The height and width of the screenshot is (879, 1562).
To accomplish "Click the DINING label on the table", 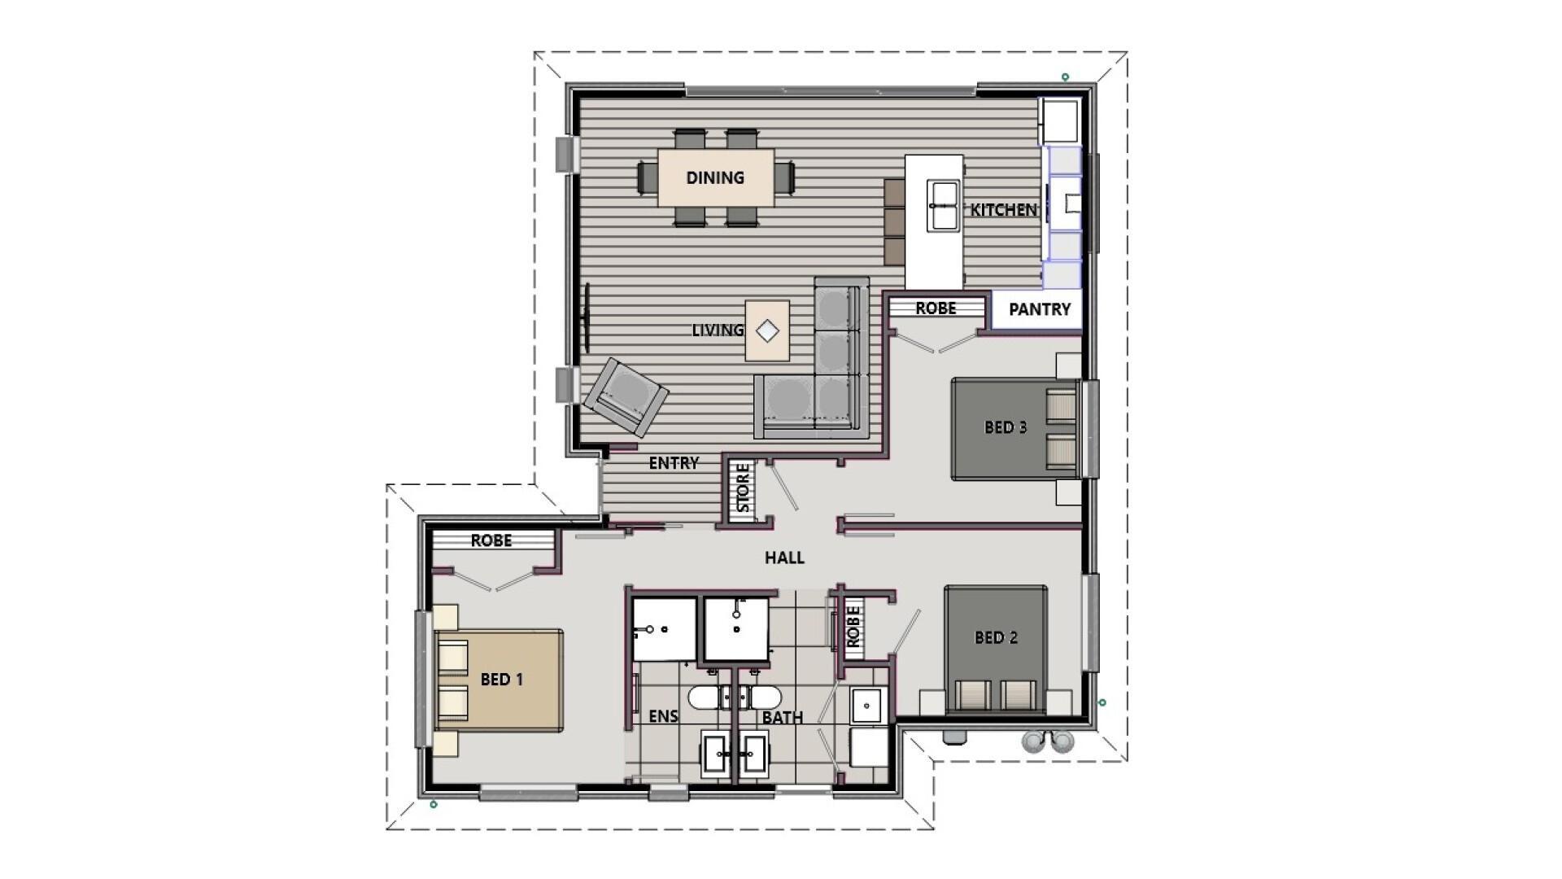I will coord(714,177).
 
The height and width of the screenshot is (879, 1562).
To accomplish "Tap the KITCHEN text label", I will coord(1003,210).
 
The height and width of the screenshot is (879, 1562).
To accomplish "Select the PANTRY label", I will coord(1039,309).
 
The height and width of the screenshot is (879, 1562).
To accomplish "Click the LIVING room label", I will coord(718,330).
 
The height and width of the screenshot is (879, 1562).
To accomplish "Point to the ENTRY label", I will coord(674,463).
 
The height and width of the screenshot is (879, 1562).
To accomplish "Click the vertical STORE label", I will coord(743,488).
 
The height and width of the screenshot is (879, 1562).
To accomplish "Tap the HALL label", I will coord(784,558).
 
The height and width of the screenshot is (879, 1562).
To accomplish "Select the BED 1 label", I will coord(501,679).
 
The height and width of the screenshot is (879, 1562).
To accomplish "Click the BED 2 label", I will coord(996,637).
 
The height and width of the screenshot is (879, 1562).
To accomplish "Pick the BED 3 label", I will coord(1006,427).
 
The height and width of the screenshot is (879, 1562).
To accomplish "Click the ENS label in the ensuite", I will coord(663,716).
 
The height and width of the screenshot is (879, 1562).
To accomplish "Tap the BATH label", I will coord(782,718).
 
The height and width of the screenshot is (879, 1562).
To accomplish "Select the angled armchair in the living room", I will coord(626,398).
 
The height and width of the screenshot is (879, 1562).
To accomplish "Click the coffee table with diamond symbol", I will coord(767,330).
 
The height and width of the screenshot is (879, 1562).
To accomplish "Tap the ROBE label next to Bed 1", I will coord(491,540).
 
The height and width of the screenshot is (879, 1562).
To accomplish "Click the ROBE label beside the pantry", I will coord(936,308).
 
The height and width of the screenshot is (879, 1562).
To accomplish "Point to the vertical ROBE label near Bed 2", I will coord(853,628).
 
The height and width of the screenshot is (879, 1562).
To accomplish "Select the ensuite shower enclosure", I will coord(664,629).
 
